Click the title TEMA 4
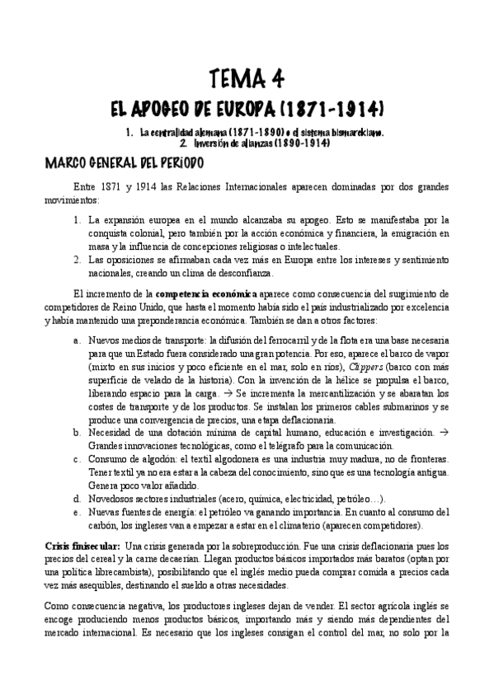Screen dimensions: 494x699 (x=247, y=79)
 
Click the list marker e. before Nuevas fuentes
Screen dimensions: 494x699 (x=77, y=512)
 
